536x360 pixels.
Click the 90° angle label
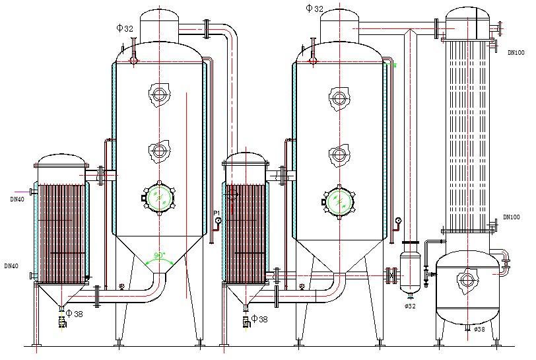[159, 255]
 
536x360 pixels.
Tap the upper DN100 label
[516, 52]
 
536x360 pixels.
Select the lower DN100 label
[512, 217]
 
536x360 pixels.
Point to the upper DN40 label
[18, 198]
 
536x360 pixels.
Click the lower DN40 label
[11, 266]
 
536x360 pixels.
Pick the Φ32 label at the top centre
[315, 9]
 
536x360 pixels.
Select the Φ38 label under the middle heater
[259, 320]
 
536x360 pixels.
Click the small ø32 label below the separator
[410, 306]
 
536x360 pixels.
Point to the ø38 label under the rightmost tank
[479, 329]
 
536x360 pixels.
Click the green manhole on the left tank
[158, 197]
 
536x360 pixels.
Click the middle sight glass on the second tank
[339, 155]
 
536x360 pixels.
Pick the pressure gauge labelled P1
[218, 220]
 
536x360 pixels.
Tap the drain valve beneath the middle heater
[246, 322]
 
